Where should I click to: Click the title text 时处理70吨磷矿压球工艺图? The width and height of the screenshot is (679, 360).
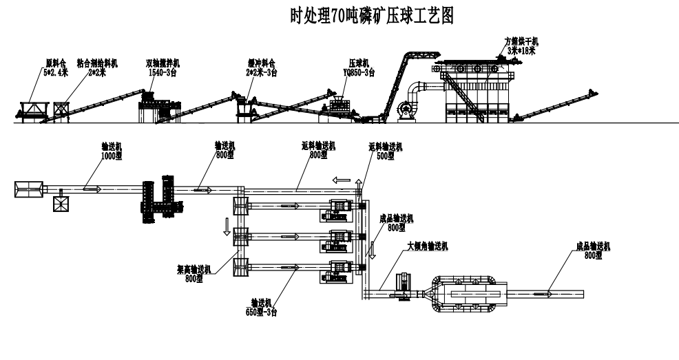(x=373, y=14)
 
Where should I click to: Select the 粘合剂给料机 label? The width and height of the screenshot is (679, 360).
(x=98, y=67)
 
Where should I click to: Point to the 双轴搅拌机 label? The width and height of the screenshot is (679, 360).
(x=162, y=67)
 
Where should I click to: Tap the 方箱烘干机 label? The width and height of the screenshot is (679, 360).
(x=522, y=45)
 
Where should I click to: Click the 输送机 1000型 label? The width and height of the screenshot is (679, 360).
(x=111, y=152)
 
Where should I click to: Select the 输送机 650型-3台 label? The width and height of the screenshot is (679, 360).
(x=264, y=307)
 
